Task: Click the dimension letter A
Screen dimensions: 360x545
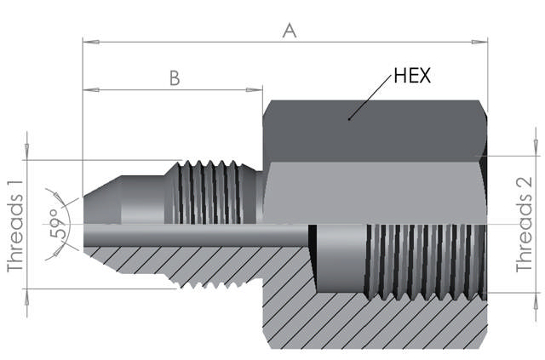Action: pos(290,31)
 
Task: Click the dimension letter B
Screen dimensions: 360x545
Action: pos(174,77)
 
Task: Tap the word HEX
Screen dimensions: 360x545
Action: pos(412,76)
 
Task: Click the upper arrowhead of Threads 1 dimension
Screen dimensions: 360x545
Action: pos(27,154)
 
